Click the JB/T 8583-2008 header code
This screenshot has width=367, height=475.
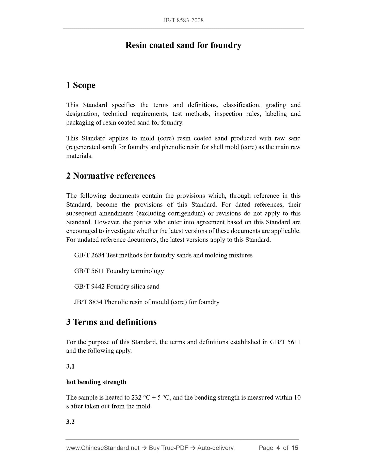[x=183, y=20]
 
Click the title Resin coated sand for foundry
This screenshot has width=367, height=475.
[x=183, y=45]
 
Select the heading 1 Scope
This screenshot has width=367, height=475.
[x=81, y=85]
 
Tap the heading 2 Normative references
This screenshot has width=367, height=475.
[x=111, y=176]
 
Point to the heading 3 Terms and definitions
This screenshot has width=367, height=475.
[x=111, y=322]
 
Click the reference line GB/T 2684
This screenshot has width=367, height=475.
[x=163, y=255]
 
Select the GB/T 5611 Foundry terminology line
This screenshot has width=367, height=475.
[x=119, y=271]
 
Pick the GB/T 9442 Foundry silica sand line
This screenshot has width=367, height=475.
[x=117, y=287]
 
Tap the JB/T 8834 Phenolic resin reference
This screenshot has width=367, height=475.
[x=147, y=302]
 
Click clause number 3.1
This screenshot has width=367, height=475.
[x=70, y=366]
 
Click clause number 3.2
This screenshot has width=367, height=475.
[x=70, y=422]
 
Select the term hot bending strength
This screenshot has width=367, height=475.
[x=96, y=382]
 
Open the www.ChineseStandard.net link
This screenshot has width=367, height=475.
[x=103, y=448]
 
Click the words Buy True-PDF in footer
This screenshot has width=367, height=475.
[x=168, y=448]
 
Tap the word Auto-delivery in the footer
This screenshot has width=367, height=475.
[x=216, y=448]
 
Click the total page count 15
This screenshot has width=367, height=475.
[x=295, y=448]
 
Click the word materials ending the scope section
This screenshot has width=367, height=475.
[x=79, y=156]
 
